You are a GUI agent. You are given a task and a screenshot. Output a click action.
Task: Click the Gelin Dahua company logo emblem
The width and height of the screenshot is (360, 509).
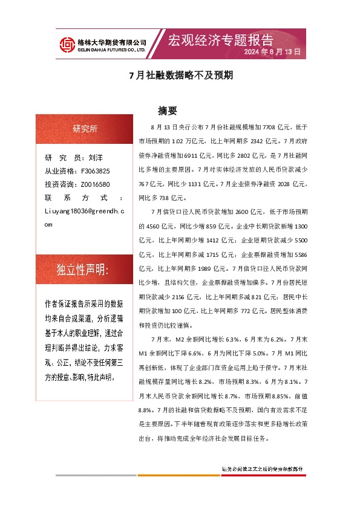point(66,44)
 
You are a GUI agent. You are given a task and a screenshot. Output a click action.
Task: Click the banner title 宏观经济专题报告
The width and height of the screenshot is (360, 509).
point(220,40)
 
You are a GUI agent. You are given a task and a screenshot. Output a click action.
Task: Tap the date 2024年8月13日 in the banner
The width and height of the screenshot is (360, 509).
point(272,53)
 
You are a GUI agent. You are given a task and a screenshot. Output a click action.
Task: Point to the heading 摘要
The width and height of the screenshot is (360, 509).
point(167,111)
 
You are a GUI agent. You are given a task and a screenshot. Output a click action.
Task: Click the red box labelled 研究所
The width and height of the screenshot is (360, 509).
point(85,128)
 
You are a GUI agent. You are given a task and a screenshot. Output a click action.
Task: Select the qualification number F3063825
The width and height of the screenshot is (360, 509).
point(95,171)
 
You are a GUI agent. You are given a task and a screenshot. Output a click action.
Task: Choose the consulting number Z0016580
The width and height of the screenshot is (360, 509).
point(95,184)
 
